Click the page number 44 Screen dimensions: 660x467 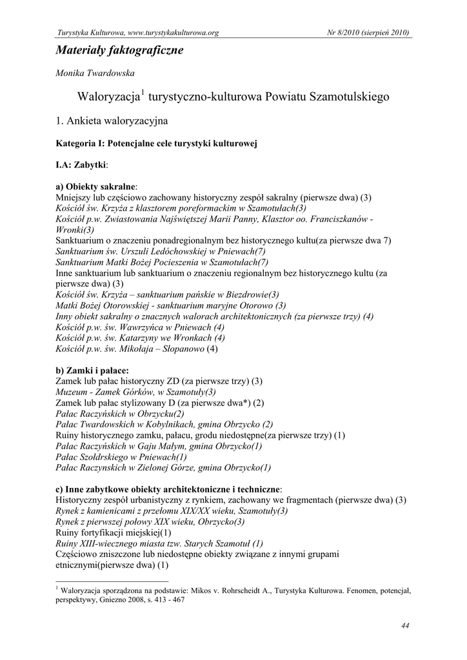tap(405, 625)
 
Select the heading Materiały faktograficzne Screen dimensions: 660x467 tap(119, 50)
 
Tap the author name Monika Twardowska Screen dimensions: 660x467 tap(95, 74)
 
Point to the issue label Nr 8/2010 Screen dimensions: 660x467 tap(341, 32)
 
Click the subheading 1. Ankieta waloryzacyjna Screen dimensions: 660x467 tap(112, 121)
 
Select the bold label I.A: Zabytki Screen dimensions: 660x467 tap(81, 164)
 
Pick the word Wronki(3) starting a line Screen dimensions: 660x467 tap(75, 229)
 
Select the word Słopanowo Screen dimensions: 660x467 tap(181, 349)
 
